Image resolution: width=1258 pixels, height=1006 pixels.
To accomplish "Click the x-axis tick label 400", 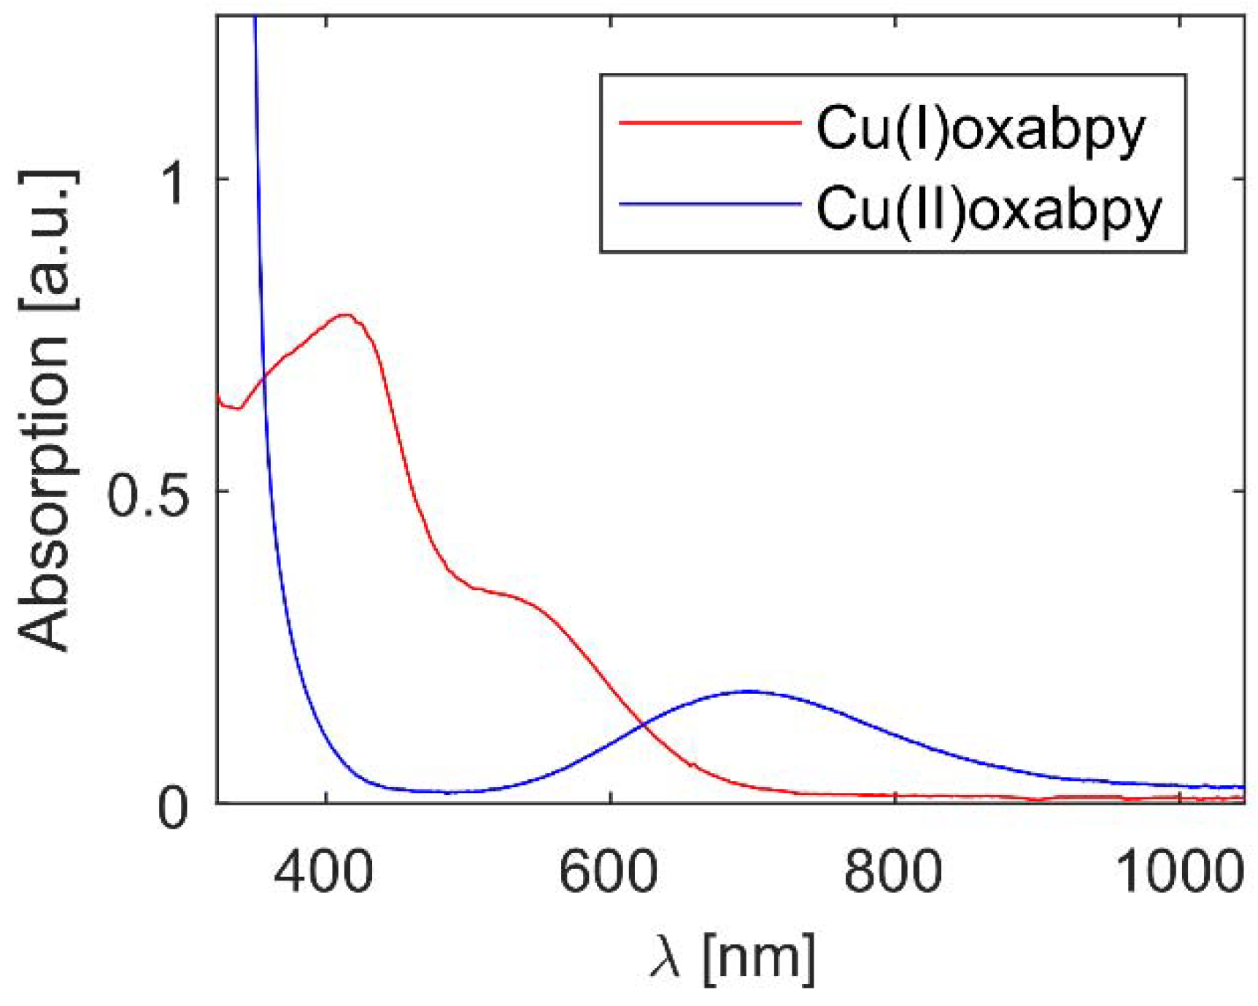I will (323, 872).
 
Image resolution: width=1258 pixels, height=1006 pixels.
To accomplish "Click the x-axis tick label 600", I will (608, 872).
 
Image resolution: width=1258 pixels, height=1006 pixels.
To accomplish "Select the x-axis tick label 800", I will (892, 872).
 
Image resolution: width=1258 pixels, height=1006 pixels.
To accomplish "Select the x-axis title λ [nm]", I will (732, 958).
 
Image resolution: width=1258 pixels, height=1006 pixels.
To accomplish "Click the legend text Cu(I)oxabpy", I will (980, 129).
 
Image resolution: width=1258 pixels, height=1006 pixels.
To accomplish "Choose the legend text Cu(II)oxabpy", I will (988, 209).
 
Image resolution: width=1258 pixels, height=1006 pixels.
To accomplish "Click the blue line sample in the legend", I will (709, 204).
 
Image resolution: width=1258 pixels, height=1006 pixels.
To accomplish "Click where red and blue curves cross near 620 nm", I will (643, 724).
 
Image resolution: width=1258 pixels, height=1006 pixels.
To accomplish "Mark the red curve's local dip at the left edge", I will (236, 408).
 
